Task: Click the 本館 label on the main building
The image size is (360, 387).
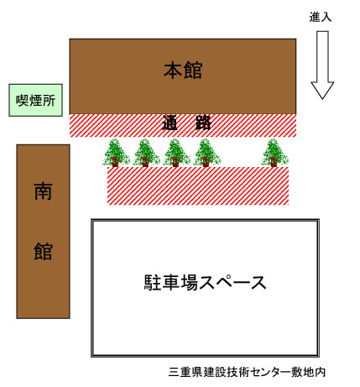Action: (183, 71)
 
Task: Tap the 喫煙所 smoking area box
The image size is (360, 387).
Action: (35, 100)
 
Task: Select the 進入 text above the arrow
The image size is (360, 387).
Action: (321, 17)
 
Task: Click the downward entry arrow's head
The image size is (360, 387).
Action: (322, 90)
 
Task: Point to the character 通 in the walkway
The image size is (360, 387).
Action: (170, 123)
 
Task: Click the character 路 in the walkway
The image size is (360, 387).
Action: (203, 123)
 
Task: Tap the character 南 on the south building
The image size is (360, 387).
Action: (43, 191)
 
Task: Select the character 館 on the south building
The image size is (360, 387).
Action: (43, 251)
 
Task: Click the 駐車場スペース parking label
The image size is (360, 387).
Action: (205, 283)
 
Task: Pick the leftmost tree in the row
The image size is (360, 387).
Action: (116, 153)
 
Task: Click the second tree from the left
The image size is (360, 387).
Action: (146, 153)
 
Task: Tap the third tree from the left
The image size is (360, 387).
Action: (176, 153)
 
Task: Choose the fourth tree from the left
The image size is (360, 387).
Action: (206, 153)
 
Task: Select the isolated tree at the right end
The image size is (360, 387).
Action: (274, 153)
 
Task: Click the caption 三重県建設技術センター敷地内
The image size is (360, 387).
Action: (248, 372)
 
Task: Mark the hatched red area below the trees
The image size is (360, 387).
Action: (198, 186)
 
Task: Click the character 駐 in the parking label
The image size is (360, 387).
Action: (153, 283)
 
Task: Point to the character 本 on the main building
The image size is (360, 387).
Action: (173, 71)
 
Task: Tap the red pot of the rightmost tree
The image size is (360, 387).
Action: (274, 162)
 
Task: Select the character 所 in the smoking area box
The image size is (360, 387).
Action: (49, 100)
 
